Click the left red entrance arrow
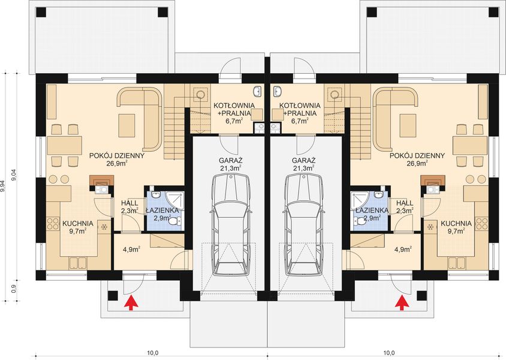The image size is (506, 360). [x=131, y=303]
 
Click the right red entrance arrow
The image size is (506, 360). [x=402, y=303]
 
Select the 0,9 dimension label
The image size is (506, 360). [x=14, y=289]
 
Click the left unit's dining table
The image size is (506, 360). [x=64, y=145]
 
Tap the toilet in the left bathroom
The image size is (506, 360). [x=175, y=221]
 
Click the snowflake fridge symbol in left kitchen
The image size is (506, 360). [x=104, y=227]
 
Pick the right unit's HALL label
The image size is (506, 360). [x=405, y=203]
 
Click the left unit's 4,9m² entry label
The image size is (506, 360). [x=131, y=249]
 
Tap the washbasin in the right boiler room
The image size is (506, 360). [x=277, y=91]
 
